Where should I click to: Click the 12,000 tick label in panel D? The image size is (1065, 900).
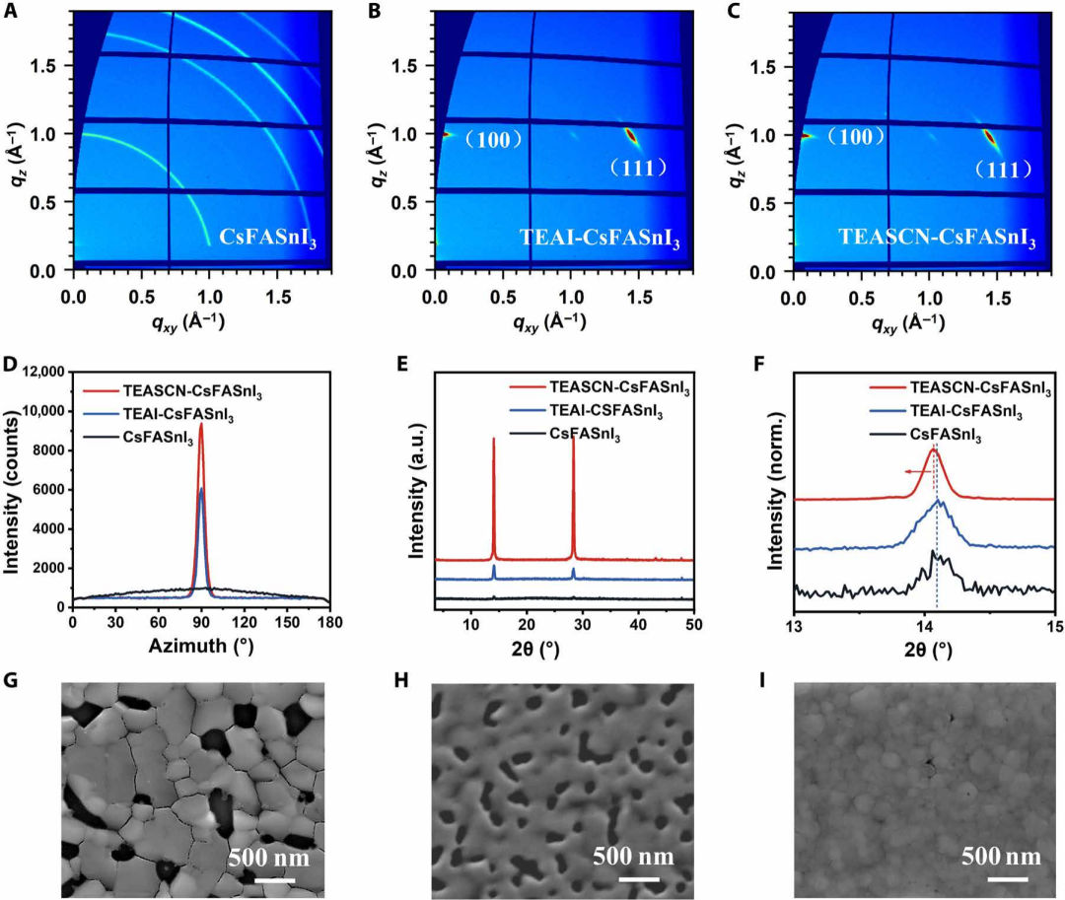(39, 371)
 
